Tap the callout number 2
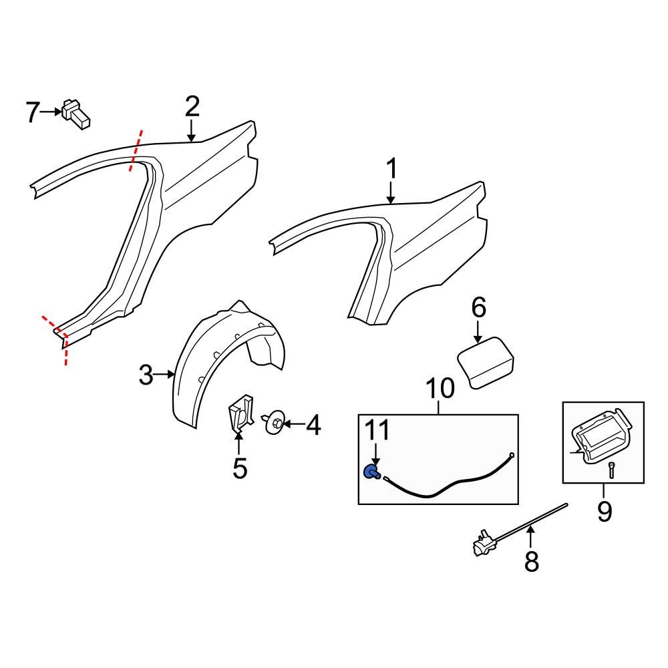(x=192, y=106)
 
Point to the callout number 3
(x=146, y=375)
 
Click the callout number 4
(x=312, y=424)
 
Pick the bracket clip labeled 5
(x=240, y=415)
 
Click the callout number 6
(x=479, y=308)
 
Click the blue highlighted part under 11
(x=370, y=472)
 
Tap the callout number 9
(x=604, y=512)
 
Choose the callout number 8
(x=531, y=561)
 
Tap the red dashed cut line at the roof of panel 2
(x=136, y=151)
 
